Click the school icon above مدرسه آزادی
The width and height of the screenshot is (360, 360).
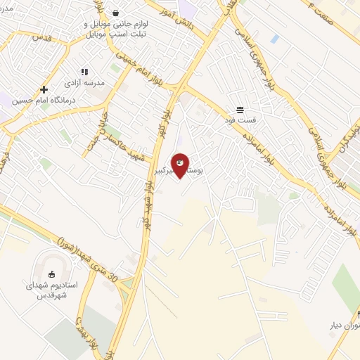(x=84, y=72)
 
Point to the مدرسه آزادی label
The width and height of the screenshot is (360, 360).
(x=86, y=83)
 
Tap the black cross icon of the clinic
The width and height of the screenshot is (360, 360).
(x=44, y=90)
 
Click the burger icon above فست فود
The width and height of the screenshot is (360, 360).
(x=240, y=110)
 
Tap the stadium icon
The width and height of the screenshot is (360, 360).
(x=51, y=274)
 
